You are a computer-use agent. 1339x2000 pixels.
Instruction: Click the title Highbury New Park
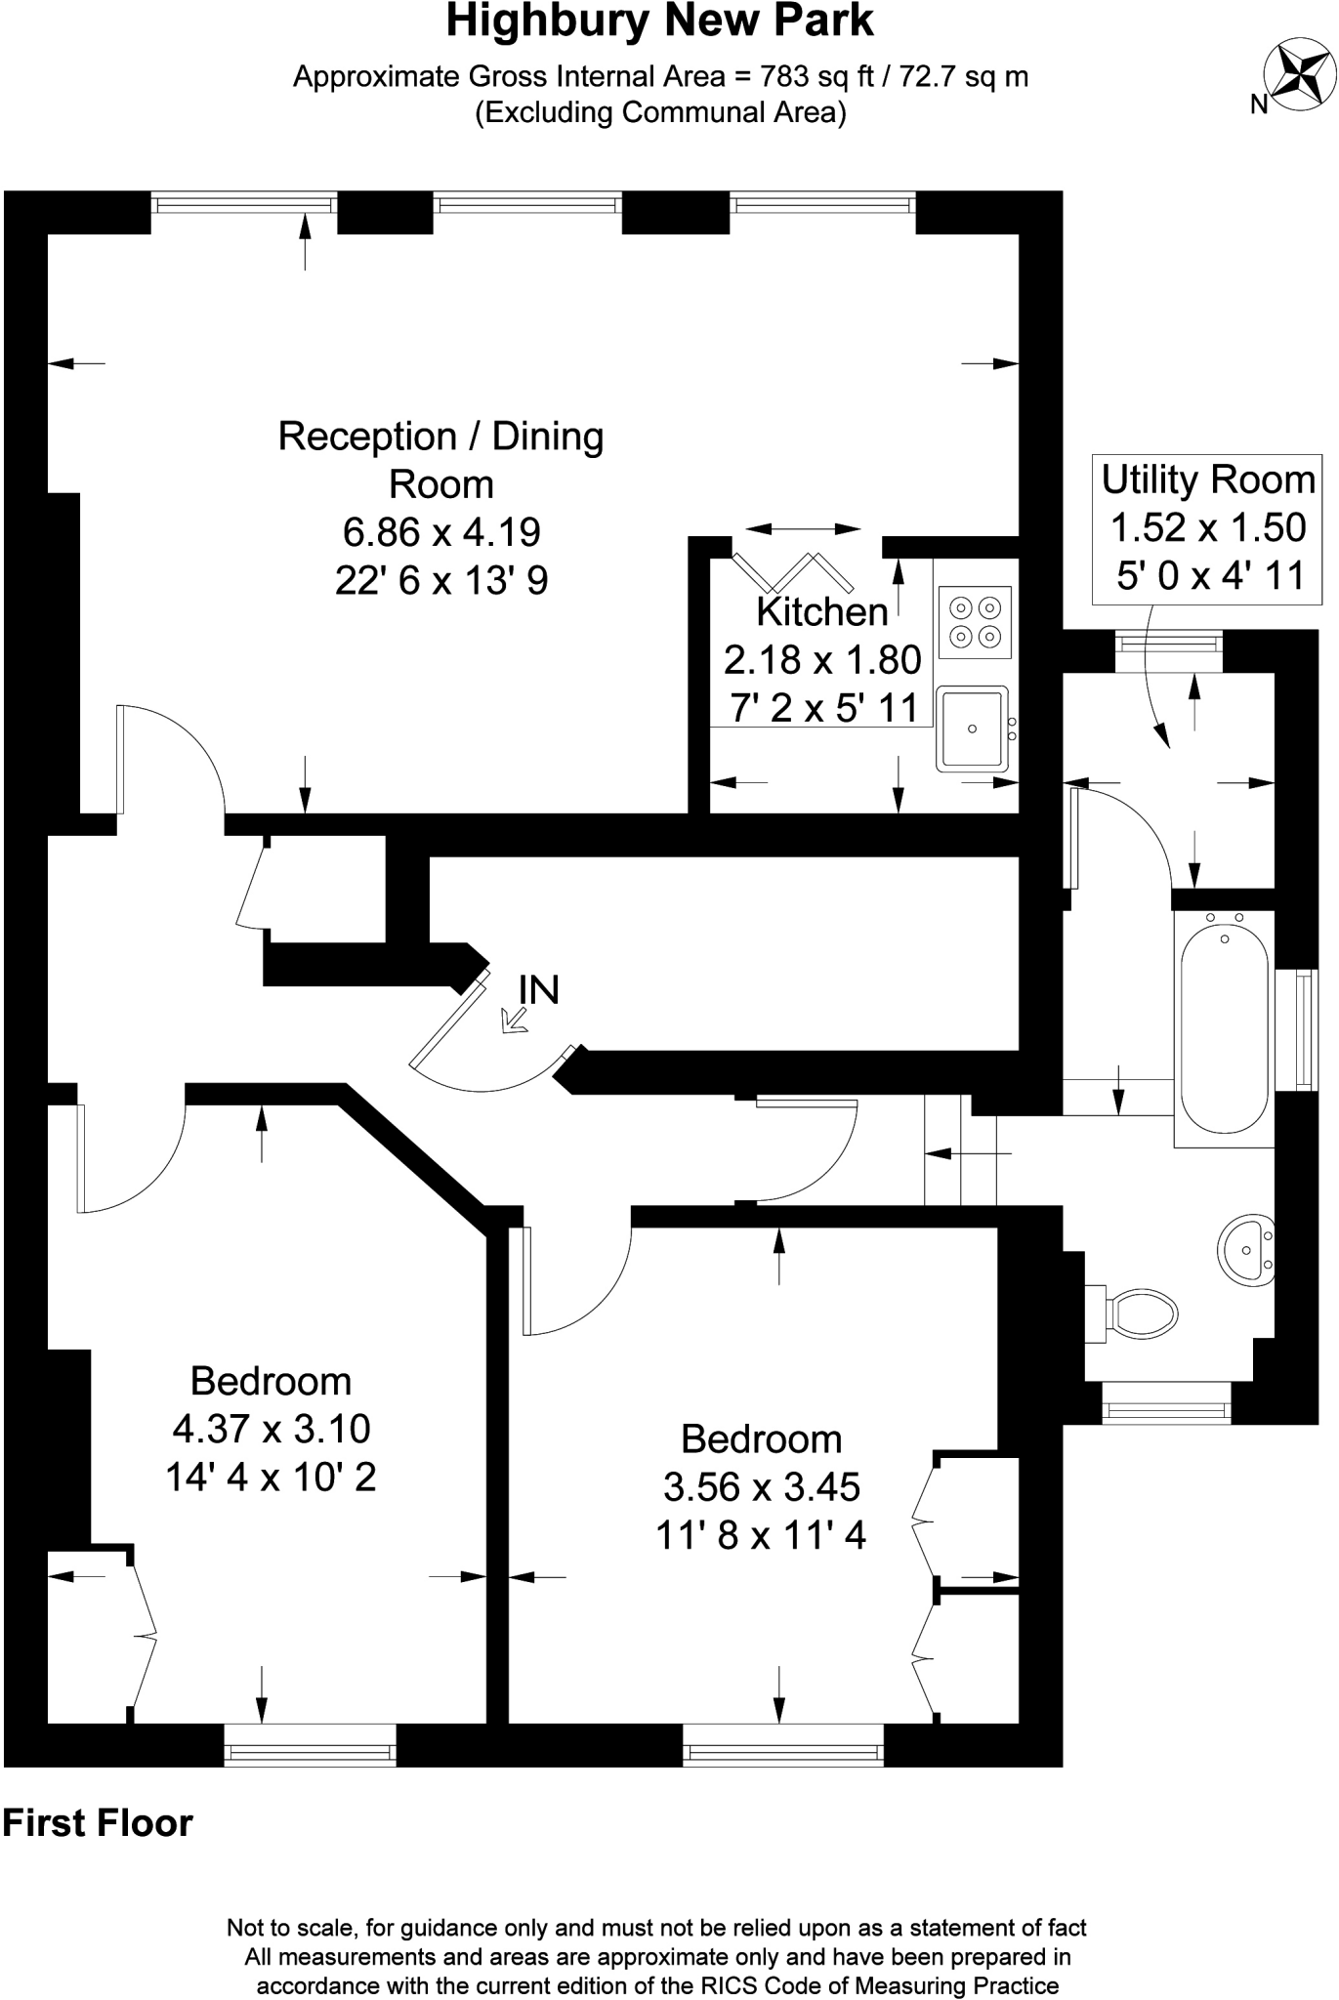[659, 21]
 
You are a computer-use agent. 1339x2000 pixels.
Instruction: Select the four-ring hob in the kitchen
[974, 622]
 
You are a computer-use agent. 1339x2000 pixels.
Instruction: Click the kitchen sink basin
[972, 728]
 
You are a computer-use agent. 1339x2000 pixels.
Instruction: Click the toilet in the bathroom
[1138, 1313]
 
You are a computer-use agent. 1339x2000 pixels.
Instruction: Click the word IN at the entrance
[538, 990]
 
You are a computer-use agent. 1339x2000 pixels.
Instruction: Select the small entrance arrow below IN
[513, 1021]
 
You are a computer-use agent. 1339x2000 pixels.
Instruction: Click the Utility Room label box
[1208, 528]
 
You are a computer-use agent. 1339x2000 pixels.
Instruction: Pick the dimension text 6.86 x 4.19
[441, 532]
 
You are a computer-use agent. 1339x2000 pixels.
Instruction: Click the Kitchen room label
[822, 612]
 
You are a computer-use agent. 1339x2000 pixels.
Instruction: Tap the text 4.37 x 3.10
[272, 1429]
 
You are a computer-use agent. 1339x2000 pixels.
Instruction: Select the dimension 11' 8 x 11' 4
[761, 1536]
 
